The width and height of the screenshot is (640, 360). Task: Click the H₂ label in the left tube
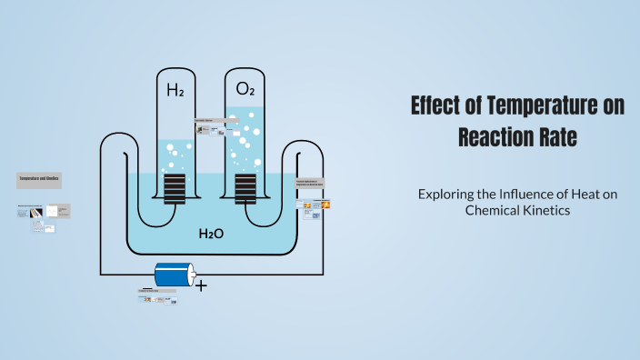(175, 90)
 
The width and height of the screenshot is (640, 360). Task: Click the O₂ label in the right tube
(245, 89)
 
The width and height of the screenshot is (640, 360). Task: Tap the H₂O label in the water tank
(211, 235)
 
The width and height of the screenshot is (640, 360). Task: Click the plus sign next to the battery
(201, 285)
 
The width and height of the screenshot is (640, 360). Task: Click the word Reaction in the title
(490, 138)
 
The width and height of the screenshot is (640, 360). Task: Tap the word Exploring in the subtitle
(450, 194)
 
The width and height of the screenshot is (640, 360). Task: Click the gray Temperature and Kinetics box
(39, 181)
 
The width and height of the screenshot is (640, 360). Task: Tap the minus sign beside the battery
(147, 286)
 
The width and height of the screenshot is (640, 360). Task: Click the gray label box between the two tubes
(209, 120)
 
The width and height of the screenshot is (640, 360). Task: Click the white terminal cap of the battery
(192, 275)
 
